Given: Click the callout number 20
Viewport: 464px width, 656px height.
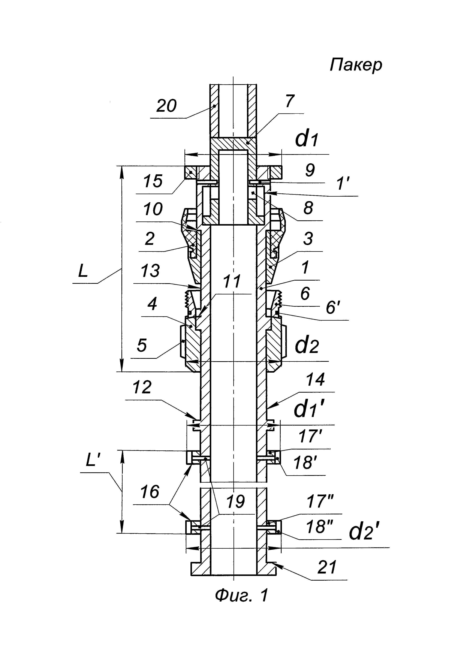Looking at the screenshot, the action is click(x=166, y=106).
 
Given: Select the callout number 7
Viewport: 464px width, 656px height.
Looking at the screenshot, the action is click(x=289, y=101).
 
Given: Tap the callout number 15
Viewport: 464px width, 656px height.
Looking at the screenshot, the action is click(x=153, y=181).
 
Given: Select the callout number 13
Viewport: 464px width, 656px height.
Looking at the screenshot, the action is click(x=150, y=271).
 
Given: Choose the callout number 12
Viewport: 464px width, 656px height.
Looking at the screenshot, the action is click(x=142, y=387).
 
